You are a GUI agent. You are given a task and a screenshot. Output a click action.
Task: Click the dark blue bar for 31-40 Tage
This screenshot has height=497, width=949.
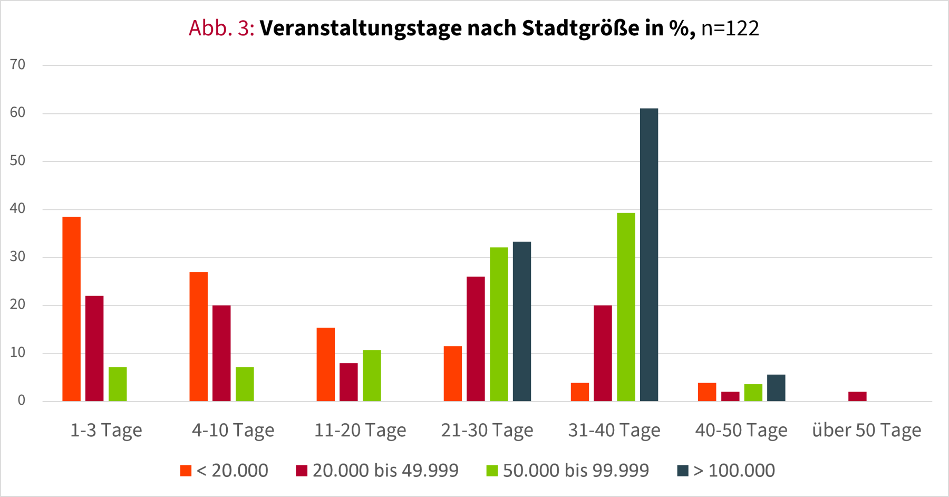tap(649, 255)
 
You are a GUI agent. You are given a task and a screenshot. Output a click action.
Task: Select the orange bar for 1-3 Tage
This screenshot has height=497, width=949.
tap(72, 309)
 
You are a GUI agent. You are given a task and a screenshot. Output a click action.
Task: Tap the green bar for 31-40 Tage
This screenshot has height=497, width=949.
tap(626, 307)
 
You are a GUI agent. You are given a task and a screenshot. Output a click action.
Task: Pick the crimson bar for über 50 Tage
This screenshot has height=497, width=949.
tap(857, 397)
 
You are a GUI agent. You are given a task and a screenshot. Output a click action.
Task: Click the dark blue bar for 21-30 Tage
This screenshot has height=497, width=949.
tap(522, 321)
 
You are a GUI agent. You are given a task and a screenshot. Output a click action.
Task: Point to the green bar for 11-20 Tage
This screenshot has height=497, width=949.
tap(372, 376)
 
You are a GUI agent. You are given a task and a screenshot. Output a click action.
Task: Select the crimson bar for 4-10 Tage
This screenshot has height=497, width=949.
tap(221, 353)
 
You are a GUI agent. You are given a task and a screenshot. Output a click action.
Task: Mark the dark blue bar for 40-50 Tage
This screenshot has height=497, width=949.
tap(776, 388)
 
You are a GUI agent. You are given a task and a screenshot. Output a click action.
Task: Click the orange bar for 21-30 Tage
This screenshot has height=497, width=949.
tap(453, 374)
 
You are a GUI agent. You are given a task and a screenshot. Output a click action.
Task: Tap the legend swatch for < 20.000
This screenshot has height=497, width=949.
tap(186, 471)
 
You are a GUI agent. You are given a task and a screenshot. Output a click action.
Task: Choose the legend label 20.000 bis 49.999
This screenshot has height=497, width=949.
tap(385, 471)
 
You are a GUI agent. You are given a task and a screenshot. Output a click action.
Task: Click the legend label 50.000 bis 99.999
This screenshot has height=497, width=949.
tap(576, 471)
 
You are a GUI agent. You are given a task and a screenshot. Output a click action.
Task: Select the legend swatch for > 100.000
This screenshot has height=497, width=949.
tap(683, 471)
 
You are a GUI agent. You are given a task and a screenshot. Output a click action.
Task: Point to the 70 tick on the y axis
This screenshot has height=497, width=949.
tap(17, 65)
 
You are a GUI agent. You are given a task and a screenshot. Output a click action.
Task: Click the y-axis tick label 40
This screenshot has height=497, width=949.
tap(17, 209)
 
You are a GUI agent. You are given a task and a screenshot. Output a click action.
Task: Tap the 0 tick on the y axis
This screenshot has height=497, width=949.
tap(21, 400)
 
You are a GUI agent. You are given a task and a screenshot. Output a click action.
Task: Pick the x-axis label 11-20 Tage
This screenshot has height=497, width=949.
tap(360, 431)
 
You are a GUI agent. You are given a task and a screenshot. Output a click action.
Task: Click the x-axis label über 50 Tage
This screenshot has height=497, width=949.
tap(867, 431)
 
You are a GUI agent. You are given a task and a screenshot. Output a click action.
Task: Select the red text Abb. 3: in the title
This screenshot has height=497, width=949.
tap(221, 28)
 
